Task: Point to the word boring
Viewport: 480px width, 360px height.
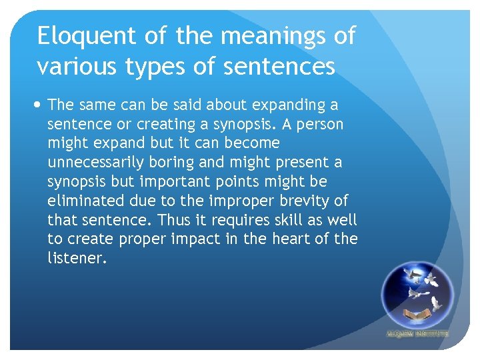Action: coord(189,163)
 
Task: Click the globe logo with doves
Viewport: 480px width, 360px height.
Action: coord(417,293)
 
